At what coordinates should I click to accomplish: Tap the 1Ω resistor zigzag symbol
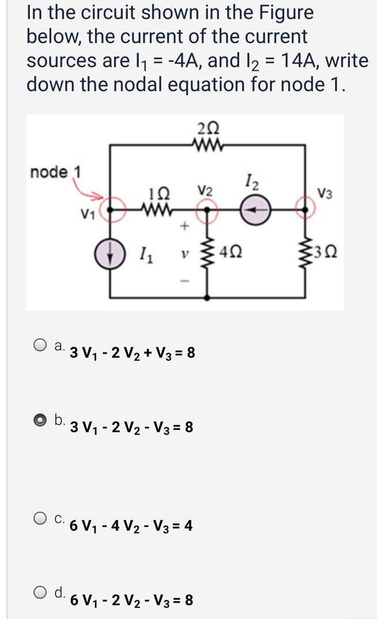(x=154, y=206)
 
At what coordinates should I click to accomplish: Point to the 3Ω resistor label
(x=324, y=252)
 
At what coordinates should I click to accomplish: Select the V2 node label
(x=205, y=190)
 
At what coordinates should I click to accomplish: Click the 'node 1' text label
(x=56, y=172)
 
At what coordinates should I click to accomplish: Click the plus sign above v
(x=185, y=228)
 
